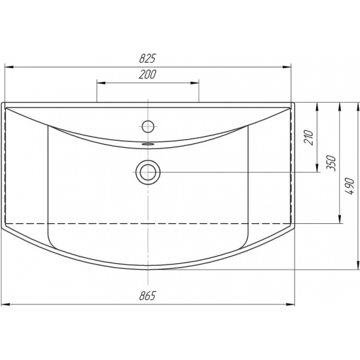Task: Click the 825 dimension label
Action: [147, 58]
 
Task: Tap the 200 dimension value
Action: [147, 74]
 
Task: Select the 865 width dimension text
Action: [147, 295]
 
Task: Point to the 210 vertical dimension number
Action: [309, 137]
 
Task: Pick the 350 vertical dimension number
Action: [331, 163]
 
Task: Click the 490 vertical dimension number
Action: [350, 186]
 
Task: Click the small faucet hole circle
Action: [148, 126]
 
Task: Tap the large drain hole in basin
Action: [148, 172]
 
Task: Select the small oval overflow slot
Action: [148, 144]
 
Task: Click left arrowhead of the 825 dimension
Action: [9, 67]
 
